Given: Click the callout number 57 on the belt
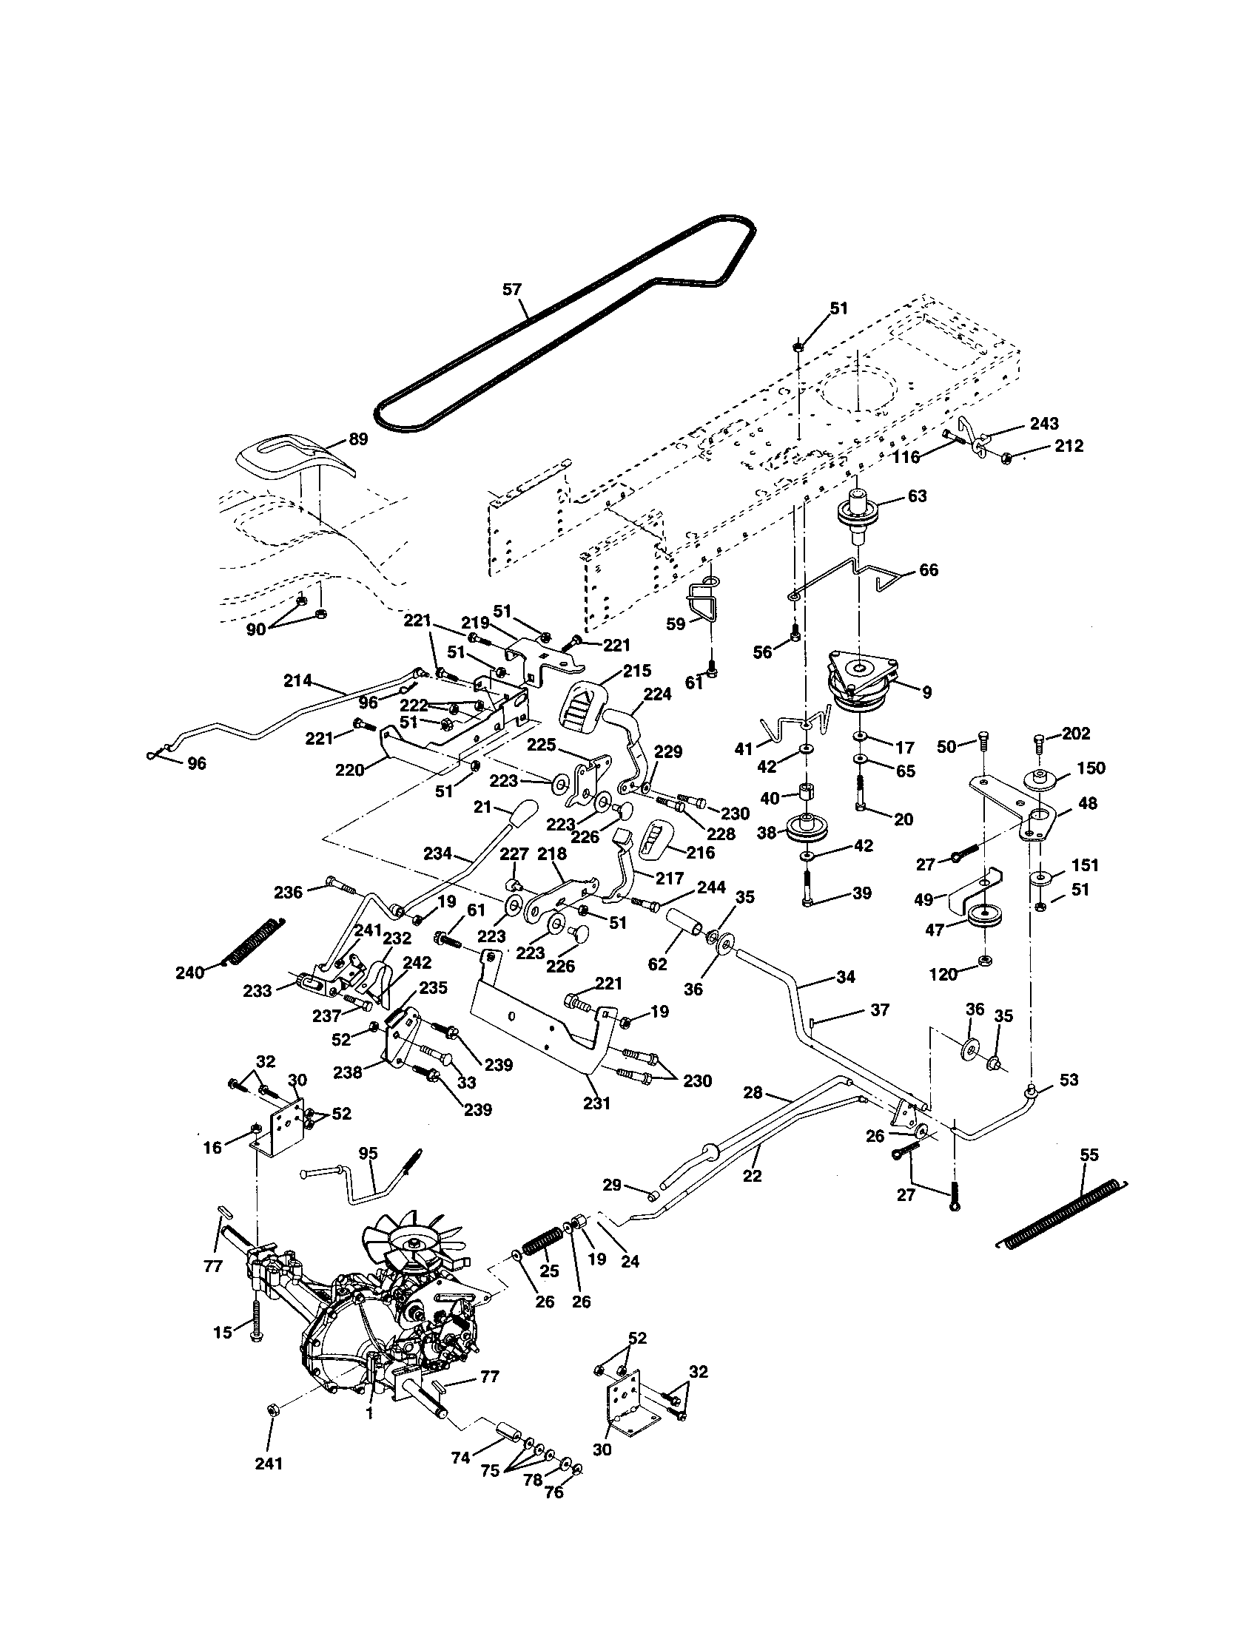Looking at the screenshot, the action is coord(511,289).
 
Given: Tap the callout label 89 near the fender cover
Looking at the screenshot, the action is coord(357,439).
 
